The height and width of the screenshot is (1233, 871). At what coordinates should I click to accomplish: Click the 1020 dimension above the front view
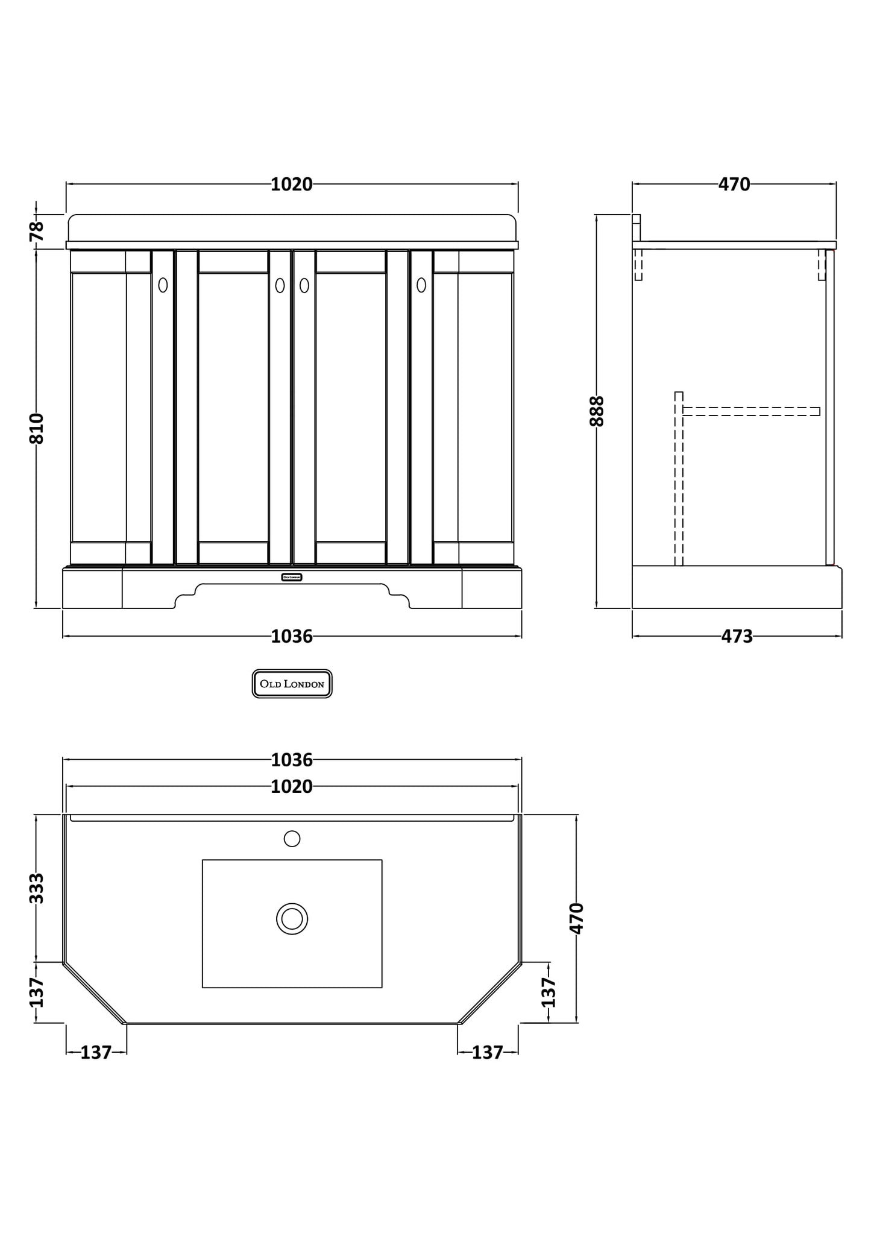point(292,184)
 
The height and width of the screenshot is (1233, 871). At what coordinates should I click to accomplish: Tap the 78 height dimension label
point(37,231)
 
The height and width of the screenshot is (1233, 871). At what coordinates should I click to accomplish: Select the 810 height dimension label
point(37,429)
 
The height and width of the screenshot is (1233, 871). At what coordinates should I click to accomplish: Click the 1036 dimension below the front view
point(292,636)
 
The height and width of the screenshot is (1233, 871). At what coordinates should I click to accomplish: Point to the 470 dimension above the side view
point(734,184)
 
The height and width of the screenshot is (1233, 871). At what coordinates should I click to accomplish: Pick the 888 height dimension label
point(597,411)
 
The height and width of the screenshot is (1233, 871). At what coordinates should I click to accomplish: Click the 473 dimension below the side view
point(737,636)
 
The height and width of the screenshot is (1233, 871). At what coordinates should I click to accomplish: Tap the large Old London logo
point(292,684)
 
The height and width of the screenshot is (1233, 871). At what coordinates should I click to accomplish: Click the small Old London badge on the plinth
point(292,577)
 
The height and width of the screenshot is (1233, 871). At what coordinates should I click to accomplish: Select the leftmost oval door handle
point(163,285)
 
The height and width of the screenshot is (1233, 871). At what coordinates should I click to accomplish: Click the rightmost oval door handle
point(421,285)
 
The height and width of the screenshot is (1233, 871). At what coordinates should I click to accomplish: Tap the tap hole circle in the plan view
point(292,838)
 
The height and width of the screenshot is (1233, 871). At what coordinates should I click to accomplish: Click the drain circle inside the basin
point(292,919)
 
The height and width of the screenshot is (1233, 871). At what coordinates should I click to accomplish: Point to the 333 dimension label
point(37,888)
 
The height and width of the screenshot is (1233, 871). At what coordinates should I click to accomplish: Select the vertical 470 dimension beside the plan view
point(577,918)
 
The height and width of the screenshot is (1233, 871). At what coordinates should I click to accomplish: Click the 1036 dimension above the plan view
point(292,760)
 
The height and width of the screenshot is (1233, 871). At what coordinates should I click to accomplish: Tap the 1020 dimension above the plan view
point(292,787)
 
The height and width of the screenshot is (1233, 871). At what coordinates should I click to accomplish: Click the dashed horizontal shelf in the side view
point(750,411)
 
